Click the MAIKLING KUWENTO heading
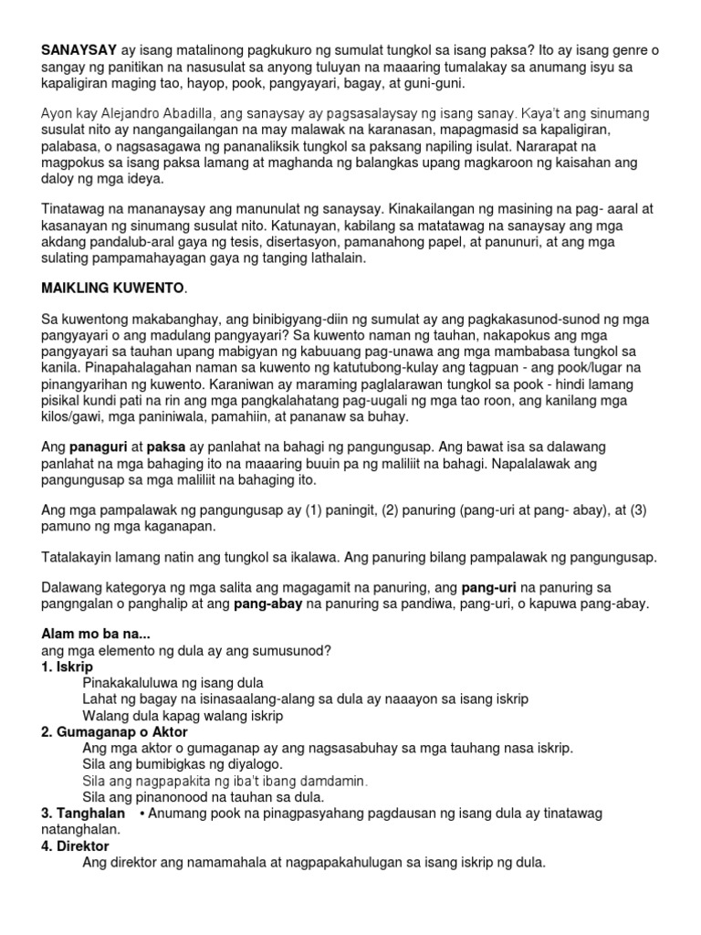pos(112,289)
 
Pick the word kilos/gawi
pos(76,416)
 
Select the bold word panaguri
pos(99,448)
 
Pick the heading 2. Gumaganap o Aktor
pos(115,731)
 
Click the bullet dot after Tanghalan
pos(143,813)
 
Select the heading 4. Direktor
pos(75,845)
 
